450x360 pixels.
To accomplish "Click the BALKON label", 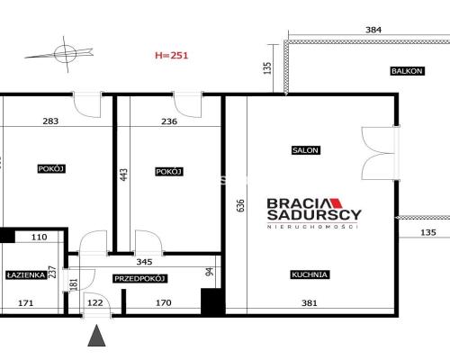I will coord(406,71).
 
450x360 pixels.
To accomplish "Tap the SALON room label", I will coord(305,150).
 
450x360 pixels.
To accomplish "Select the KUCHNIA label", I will coord(309,274).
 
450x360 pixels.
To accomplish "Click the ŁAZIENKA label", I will coord(25,275).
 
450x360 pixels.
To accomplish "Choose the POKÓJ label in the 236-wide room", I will coord(169,171).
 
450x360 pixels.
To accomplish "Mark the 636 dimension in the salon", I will coord(239,206).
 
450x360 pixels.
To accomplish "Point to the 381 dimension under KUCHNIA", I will coord(309,304).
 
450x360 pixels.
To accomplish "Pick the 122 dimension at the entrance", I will coord(94,304).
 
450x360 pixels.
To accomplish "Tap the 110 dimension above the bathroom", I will coord(38,238).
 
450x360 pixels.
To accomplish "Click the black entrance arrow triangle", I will coord(95,337).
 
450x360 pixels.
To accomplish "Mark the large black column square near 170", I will coord(211,301).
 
